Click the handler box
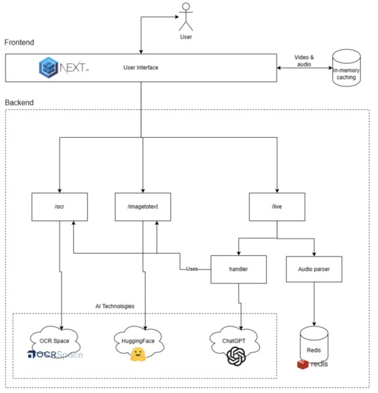coord(238,270)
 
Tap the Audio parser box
coord(313,270)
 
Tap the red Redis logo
coord(303,364)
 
